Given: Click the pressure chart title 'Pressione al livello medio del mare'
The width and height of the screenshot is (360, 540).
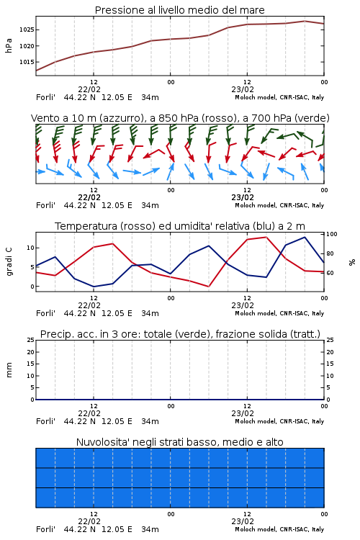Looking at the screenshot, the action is [179, 10].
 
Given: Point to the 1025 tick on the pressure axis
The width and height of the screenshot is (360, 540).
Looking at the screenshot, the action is [27, 30].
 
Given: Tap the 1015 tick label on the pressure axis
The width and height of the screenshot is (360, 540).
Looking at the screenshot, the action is [27, 62].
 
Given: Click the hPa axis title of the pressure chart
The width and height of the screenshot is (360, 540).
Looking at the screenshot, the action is [9, 45].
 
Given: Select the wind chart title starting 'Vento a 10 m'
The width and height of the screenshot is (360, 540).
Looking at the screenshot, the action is [180, 118].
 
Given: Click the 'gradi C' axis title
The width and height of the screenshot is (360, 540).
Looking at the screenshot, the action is [9, 261].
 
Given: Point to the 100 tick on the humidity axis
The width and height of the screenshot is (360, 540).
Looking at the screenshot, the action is [332, 234].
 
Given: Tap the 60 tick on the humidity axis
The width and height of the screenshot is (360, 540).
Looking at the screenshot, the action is [330, 273].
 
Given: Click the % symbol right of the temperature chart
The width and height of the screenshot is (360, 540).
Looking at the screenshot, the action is [352, 262].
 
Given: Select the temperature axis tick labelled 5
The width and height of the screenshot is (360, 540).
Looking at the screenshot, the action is [32, 267].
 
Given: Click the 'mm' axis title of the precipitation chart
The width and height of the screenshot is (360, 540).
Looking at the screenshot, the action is [9, 370].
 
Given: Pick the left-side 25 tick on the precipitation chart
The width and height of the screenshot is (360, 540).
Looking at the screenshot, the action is [31, 340].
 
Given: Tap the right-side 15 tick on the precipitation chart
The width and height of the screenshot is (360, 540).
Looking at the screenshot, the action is [330, 364].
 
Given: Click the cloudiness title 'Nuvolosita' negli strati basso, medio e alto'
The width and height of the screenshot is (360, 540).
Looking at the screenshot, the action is [180, 442].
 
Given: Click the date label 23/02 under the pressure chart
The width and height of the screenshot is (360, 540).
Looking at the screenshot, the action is [243, 89].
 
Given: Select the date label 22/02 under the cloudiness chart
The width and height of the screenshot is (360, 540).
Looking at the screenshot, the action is [89, 521].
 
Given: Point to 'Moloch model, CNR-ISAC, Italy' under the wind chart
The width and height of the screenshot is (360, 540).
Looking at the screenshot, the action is [279, 205].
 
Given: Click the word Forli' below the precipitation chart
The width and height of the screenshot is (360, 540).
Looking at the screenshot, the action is [45, 421].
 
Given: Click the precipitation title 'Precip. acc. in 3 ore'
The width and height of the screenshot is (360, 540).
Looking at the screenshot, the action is [89, 334].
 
